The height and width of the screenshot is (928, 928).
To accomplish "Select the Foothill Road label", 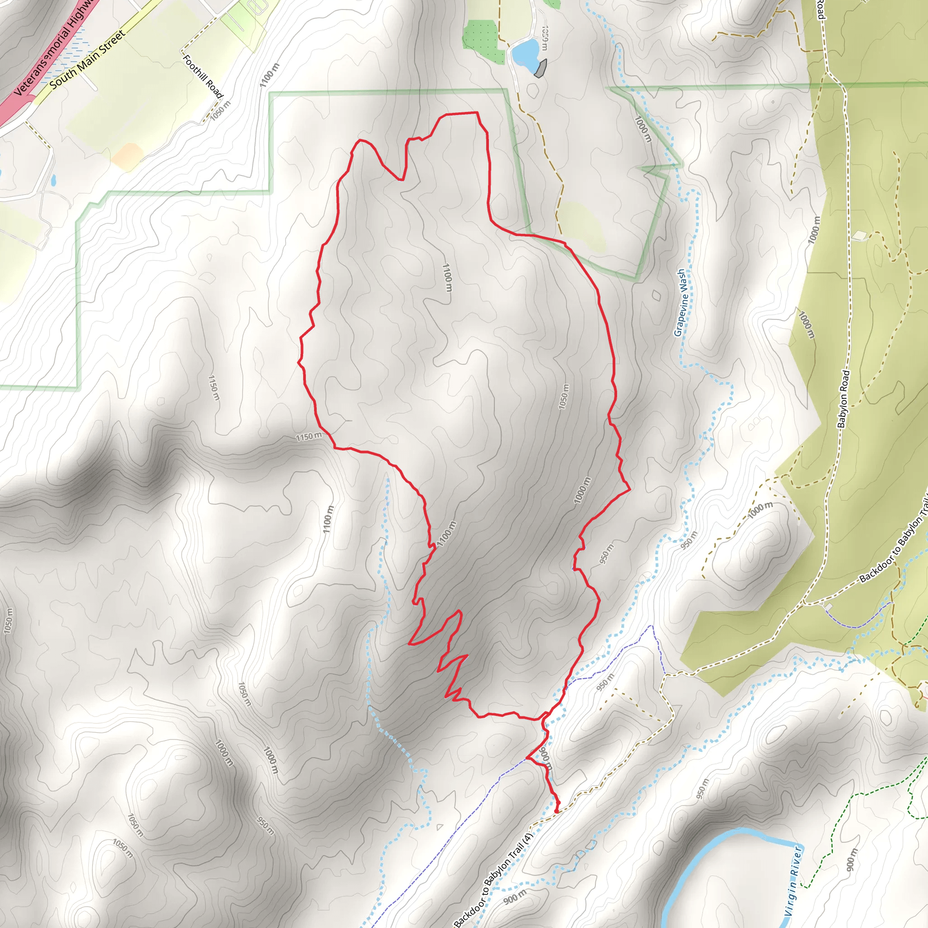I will (x=203, y=76).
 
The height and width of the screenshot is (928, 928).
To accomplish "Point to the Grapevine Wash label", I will (x=681, y=303).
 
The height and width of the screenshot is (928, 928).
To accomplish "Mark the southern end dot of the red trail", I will (x=557, y=811).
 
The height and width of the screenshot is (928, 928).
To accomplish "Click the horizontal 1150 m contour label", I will (x=309, y=437).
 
